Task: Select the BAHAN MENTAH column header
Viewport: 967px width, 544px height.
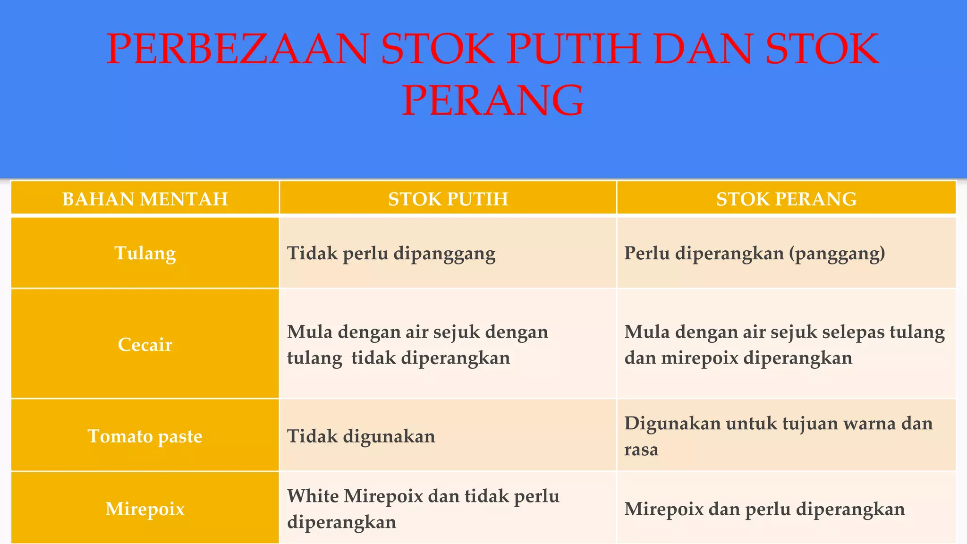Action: click(145, 199)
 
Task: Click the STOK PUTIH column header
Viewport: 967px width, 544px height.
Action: click(448, 199)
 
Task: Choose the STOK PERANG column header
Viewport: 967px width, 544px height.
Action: click(786, 199)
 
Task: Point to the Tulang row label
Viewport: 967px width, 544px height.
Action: click(145, 254)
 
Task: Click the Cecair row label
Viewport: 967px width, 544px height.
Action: click(145, 345)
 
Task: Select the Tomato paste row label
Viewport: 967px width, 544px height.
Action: click(145, 436)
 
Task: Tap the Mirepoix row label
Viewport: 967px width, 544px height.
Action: click(145, 509)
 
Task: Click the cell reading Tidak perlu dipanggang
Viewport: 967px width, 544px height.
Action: click(391, 254)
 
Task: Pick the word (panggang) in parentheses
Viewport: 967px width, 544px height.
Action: click(837, 254)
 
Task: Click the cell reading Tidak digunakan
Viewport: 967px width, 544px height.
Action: click(361, 436)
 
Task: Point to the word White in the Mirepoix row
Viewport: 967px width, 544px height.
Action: click(312, 496)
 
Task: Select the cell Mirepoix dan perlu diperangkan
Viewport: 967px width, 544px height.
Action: click(764, 509)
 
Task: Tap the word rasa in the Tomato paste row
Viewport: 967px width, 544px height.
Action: click(641, 450)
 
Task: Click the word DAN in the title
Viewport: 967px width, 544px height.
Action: click(702, 49)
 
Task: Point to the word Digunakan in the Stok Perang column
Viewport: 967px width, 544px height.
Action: click(672, 424)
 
